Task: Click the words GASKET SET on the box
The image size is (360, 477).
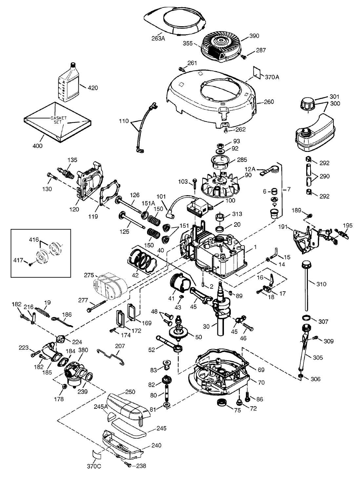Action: click(x=58, y=120)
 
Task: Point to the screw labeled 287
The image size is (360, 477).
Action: click(x=243, y=57)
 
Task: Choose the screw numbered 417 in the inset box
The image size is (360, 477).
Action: click(x=30, y=264)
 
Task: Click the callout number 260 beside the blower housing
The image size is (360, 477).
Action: click(x=269, y=102)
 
